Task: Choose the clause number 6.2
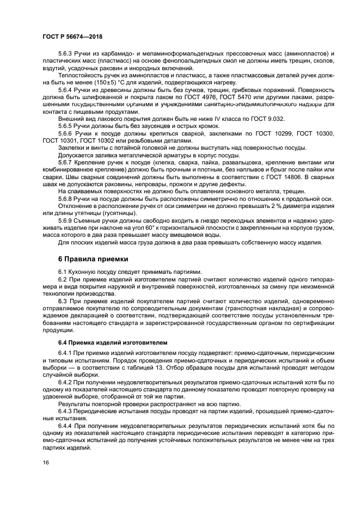pyautogui.click(x=63, y=278)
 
